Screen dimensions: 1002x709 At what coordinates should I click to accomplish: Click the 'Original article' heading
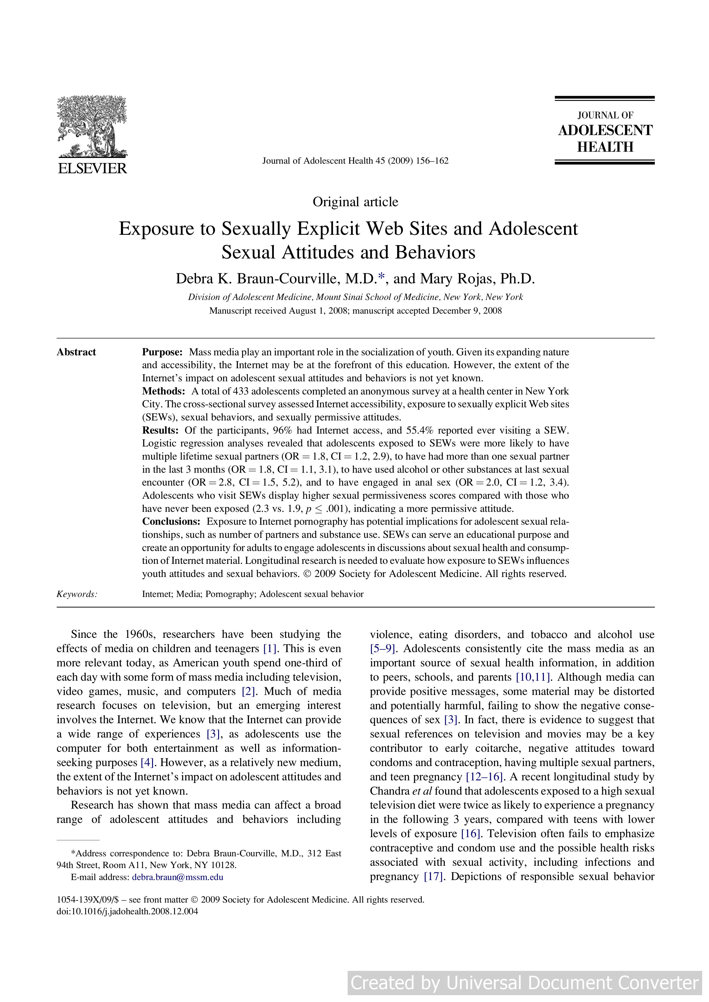click(355, 202)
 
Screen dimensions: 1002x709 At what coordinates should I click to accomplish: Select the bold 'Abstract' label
click(76, 352)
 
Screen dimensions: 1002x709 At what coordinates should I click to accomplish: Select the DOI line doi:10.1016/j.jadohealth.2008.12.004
click(127, 911)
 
